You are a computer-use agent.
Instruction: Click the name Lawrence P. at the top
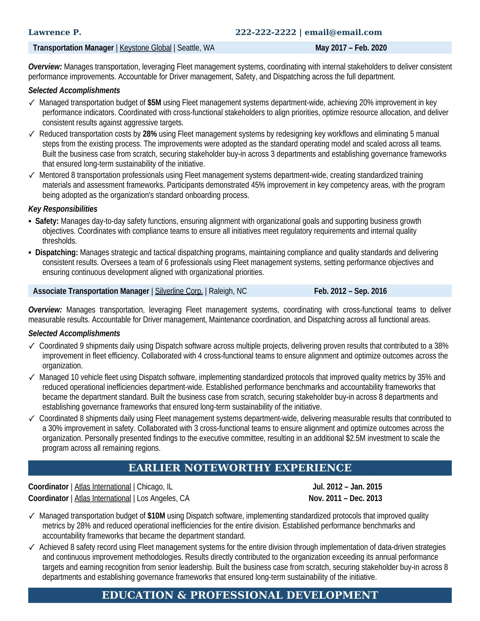coord(54,32)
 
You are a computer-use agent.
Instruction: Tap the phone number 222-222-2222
coord(266,32)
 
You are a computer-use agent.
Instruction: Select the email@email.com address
coord(343,32)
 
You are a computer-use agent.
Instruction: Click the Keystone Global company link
coord(145,48)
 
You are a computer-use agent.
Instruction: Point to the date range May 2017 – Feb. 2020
coord(351,48)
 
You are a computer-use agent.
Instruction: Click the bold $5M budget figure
coord(154,103)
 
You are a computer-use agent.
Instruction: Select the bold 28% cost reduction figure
coord(150,134)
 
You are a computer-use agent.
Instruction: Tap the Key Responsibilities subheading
coord(63,209)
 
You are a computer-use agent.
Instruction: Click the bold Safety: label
coord(47,221)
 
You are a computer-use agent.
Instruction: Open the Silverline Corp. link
coord(179,291)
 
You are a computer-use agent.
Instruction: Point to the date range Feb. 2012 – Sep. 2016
coord(350,291)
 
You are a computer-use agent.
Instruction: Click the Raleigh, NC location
coord(228,291)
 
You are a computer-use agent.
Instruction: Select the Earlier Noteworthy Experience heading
coord(240,468)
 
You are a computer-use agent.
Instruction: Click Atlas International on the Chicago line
coord(103,487)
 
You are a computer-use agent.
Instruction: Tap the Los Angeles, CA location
coord(163,498)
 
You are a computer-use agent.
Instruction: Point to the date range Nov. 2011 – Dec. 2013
coord(345,498)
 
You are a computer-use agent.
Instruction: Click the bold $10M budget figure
coord(156,516)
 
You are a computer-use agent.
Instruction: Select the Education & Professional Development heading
coord(240,595)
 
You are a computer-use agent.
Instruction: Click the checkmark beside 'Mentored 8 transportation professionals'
coord(32,175)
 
